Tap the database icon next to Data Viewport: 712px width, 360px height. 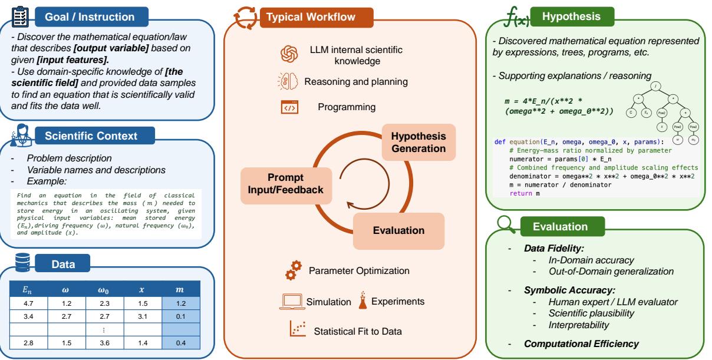[22, 259]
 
